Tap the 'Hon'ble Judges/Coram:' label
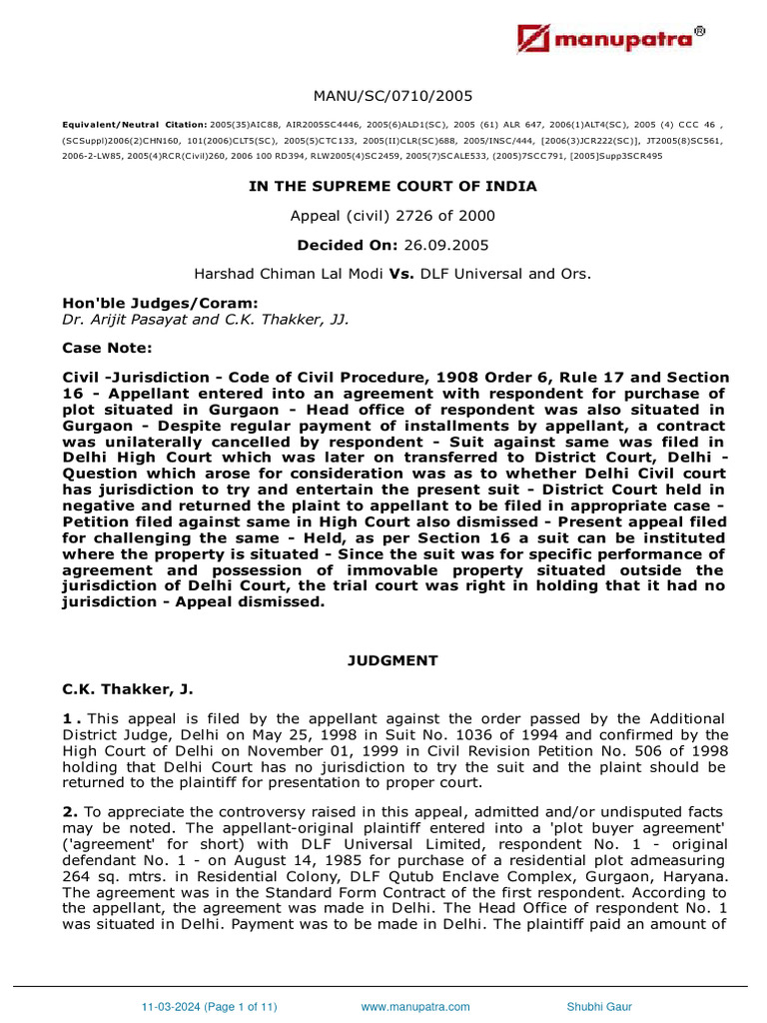(x=146, y=305)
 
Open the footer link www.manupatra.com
(x=414, y=1006)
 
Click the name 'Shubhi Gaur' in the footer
(x=599, y=1006)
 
